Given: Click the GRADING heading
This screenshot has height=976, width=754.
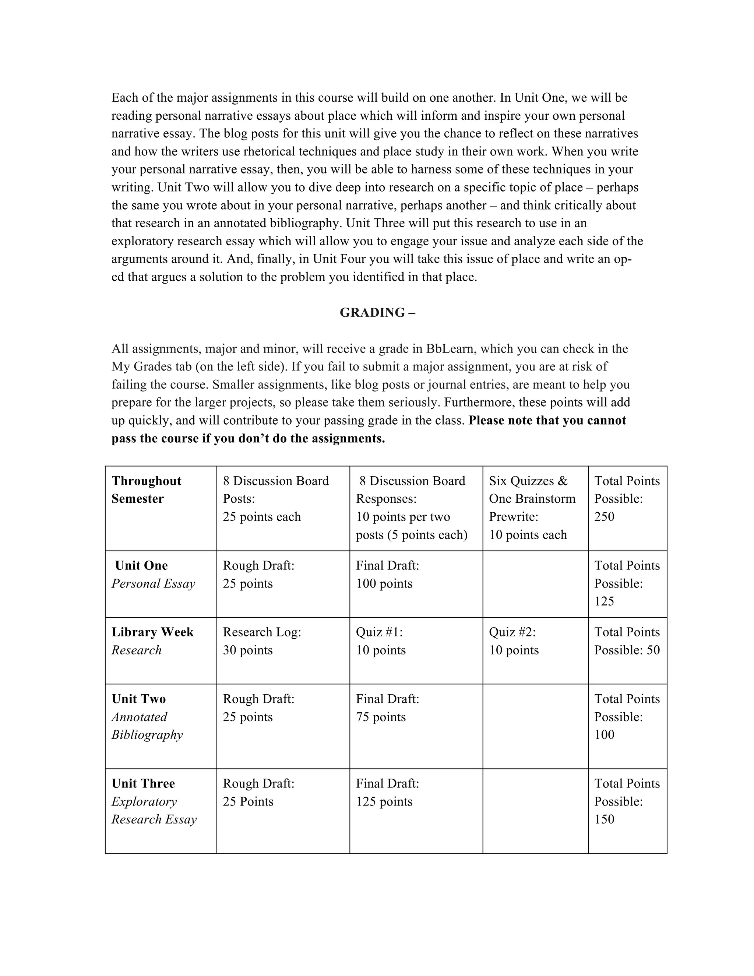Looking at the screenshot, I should [377, 313].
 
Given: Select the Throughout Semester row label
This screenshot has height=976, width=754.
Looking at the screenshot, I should [147, 490].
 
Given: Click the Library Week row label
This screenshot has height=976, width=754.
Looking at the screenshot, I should [152, 632].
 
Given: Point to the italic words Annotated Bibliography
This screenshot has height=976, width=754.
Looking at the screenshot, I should [147, 726].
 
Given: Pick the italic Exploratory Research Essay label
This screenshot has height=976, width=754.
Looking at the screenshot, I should [154, 810].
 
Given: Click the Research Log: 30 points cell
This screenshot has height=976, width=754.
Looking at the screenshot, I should [262, 641].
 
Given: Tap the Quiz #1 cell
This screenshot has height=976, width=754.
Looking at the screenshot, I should [381, 641].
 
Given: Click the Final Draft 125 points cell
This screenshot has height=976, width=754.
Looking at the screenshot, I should [387, 792].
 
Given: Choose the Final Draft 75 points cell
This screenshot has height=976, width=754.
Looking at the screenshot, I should [387, 708].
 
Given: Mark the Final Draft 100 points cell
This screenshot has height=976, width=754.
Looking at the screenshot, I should [387, 574].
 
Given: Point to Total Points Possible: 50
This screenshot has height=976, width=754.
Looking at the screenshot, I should [627, 641].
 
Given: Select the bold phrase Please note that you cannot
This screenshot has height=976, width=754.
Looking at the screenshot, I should [547, 421].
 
